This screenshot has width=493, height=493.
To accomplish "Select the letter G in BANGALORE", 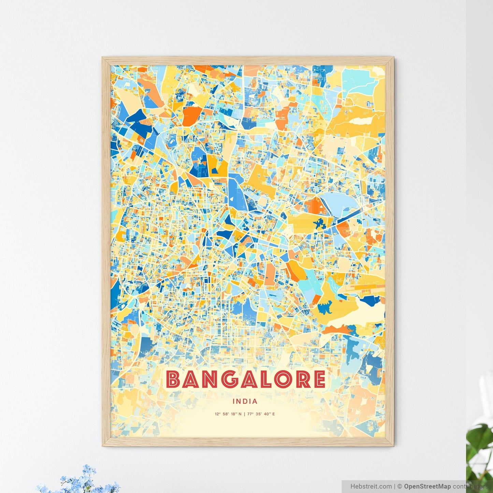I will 230,380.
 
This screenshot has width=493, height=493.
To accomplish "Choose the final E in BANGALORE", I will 318,380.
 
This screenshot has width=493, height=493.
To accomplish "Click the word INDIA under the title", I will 245,402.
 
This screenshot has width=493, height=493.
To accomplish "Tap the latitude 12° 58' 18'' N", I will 228,414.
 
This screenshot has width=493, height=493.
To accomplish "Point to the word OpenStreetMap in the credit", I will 427,486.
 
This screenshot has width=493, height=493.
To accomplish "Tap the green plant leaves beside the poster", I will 481,444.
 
